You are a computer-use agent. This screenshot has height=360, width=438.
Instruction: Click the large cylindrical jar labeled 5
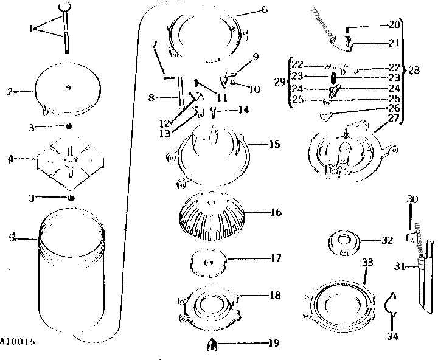point(73,274)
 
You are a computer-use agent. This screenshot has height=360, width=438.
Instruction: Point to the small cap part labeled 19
point(210,344)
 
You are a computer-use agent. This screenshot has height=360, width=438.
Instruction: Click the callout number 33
point(367,263)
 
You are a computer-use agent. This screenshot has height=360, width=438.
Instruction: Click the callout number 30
point(412,199)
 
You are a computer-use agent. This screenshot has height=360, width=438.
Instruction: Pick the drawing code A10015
point(18,342)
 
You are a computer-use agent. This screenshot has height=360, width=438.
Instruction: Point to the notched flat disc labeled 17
point(209,261)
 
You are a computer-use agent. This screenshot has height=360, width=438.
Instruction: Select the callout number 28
point(414,71)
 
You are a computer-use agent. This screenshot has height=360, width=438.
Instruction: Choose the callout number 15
point(274,144)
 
